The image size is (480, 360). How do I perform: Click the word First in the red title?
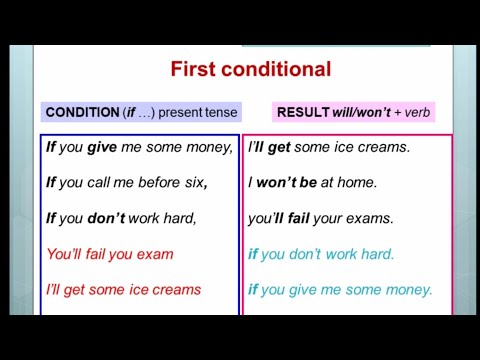click(194, 69)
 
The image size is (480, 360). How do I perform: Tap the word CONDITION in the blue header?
click(82, 113)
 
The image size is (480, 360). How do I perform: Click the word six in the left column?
click(194, 182)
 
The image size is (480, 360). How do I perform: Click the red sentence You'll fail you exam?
click(110, 254)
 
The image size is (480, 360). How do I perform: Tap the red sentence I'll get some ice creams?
click(124, 290)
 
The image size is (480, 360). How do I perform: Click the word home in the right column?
click(357, 182)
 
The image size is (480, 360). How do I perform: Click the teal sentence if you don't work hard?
click(321, 254)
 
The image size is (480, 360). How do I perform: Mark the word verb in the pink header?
click(416, 113)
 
